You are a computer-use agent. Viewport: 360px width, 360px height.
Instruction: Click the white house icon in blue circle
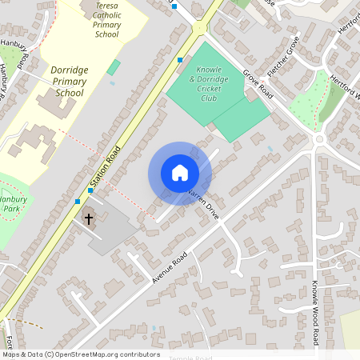tap(180, 172)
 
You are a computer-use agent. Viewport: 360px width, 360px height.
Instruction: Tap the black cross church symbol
tap(89, 218)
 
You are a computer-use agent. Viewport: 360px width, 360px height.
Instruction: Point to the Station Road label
tap(106, 168)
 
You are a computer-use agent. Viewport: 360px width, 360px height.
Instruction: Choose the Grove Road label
tap(258, 86)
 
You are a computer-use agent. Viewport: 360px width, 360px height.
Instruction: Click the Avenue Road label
tap(169, 268)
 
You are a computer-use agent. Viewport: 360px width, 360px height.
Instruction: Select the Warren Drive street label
tap(202, 204)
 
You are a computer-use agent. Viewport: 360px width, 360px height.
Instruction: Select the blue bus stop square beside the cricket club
tap(180, 60)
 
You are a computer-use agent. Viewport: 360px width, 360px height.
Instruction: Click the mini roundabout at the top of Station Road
tap(198, 29)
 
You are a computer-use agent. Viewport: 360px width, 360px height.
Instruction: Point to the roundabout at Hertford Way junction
tap(319, 139)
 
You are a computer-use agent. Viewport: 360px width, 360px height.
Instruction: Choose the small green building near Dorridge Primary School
tap(114, 68)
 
